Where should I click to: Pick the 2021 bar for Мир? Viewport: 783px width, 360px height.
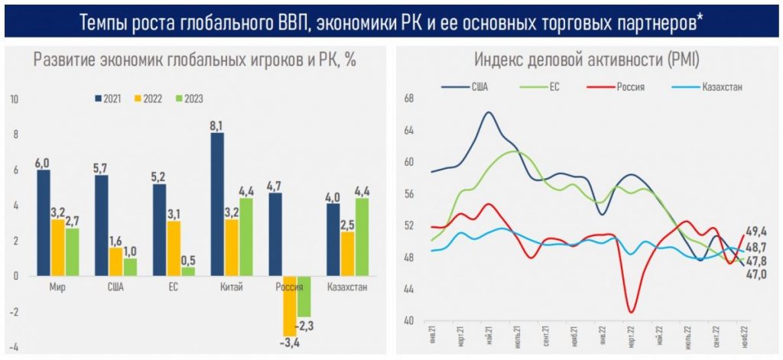[x=44, y=222]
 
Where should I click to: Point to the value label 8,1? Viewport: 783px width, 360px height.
[x=217, y=126]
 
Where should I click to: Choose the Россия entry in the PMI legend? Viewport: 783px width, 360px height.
[x=623, y=86]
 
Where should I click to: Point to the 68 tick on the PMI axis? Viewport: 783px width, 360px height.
[x=408, y=99]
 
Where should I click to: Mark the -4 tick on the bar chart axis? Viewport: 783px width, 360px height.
[x=15, y=346]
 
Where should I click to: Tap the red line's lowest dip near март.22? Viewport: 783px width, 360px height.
[x=632, y=311]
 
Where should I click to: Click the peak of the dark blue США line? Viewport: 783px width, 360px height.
[x=489, y=113]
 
